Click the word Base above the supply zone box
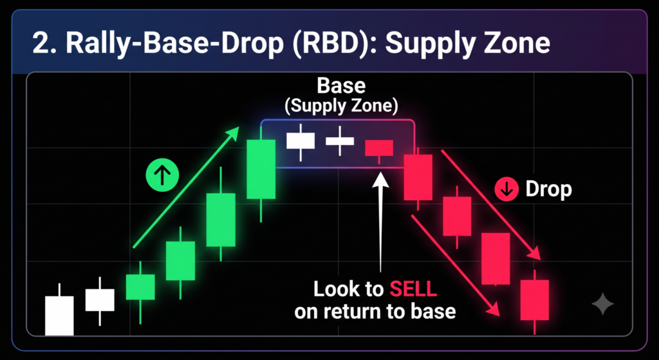(341, 86)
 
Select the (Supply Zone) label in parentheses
(341, 106)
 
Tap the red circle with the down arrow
(507, 190)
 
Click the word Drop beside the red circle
(548, 190)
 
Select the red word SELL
(414, 290)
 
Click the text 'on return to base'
(375, 312)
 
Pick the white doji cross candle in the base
(340, 141)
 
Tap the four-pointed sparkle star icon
(602, 303)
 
